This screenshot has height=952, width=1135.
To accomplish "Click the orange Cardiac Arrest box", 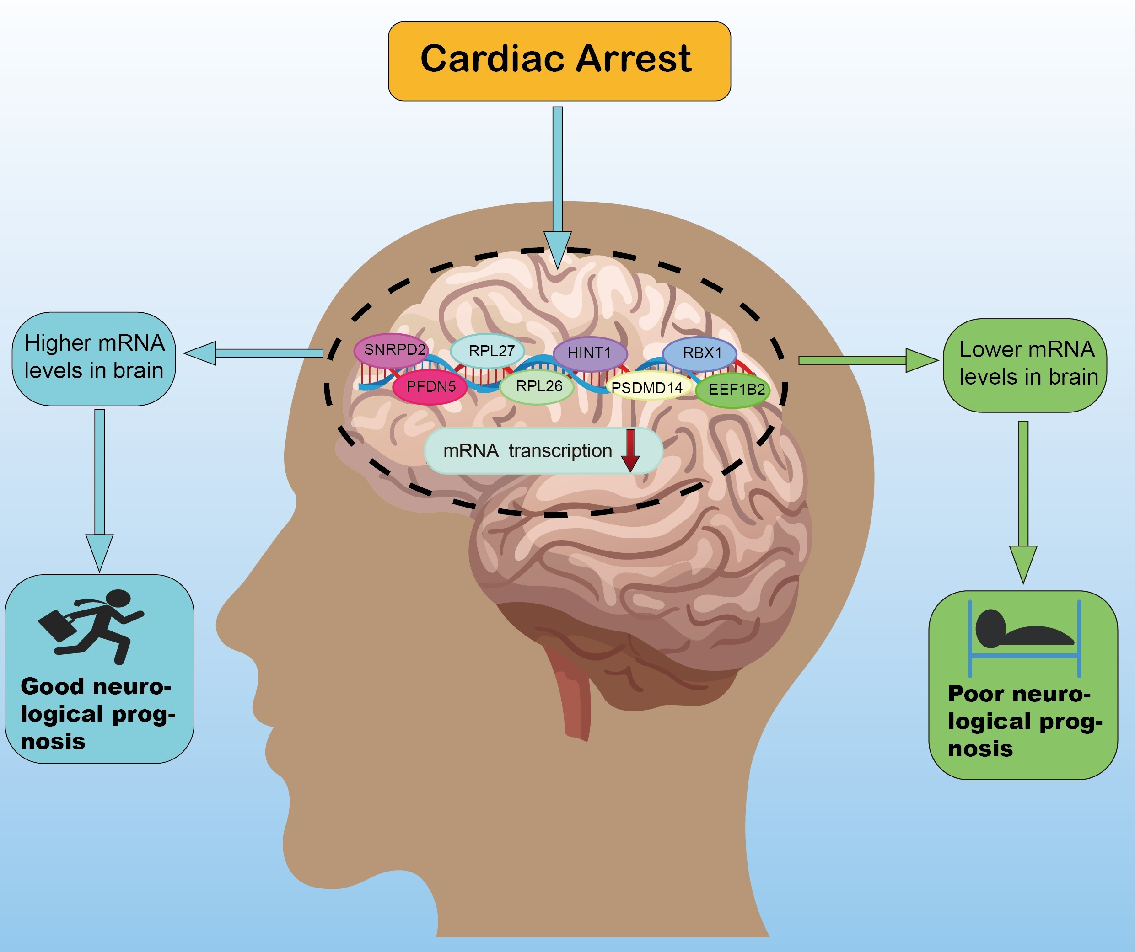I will click(x=559, y=61).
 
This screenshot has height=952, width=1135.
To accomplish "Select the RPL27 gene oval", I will click(x=488, y=351).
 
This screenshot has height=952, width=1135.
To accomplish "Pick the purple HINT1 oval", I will click(x=590, y=353).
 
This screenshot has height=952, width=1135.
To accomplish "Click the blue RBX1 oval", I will click(x=700, y=353).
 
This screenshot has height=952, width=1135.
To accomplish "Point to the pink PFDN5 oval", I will click(x=430, y=387).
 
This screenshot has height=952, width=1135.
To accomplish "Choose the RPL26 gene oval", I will click(x=537, y=387).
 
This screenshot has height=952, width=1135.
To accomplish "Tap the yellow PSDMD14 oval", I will click(x=647, y=388).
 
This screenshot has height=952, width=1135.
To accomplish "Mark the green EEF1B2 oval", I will click(x=733, y=390).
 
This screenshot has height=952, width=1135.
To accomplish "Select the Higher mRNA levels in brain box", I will click(x=94, y=359).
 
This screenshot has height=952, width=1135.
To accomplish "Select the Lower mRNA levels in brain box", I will click(x=1025, y=365).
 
